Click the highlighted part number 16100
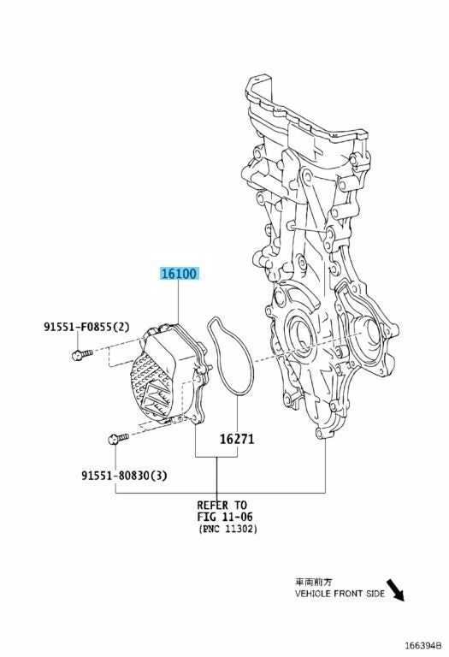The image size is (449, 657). coord(179,274)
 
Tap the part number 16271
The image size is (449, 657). coord(237,439)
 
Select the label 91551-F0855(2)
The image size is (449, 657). coord(86,327)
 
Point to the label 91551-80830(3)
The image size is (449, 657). coord(124,475)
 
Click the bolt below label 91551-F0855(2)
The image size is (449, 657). coord(81,355)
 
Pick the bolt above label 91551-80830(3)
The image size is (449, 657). coord(118,439)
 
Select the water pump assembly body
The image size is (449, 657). coord(169,374)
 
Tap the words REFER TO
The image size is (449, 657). coord(222,505)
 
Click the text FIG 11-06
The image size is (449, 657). coord(225,517)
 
